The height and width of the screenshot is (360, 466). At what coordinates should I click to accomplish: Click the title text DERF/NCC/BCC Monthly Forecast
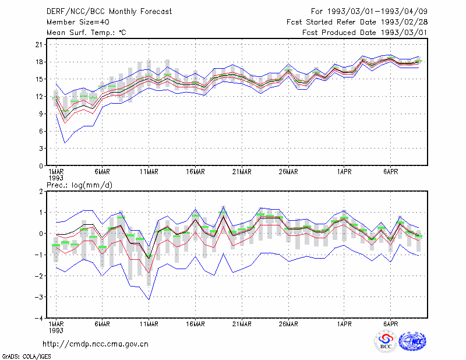(109, 12)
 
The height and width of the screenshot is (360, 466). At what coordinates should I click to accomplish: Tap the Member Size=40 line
(78, 22)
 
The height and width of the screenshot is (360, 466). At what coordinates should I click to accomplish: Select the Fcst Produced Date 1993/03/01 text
(365, 33)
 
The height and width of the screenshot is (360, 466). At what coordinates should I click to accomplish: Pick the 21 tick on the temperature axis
(39, 45)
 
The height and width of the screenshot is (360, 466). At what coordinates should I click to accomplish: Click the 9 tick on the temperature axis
(41, 114)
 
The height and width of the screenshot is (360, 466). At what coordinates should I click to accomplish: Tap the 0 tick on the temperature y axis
(41, 166)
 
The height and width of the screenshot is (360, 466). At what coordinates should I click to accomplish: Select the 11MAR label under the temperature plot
(149, 172)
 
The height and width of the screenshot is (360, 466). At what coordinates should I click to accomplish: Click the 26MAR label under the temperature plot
(288, 172)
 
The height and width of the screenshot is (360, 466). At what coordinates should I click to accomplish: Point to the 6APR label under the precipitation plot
(390, 324)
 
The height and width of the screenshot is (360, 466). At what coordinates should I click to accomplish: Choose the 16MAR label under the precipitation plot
(195, 324)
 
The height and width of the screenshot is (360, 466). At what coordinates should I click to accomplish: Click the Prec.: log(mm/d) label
(79, 185)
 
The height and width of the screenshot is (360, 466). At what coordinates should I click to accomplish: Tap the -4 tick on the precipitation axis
(38, 319)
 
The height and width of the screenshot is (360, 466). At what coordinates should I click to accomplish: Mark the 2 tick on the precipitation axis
(41, 192)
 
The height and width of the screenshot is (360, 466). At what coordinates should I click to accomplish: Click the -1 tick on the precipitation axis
(38, 255)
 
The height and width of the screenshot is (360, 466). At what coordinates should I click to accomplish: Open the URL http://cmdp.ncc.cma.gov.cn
(96, 344)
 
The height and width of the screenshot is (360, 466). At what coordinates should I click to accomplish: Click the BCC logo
(386, 341)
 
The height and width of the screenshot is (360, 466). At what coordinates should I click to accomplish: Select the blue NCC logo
(412, 341)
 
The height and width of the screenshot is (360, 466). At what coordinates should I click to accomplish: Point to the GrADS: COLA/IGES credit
(26, 357)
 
